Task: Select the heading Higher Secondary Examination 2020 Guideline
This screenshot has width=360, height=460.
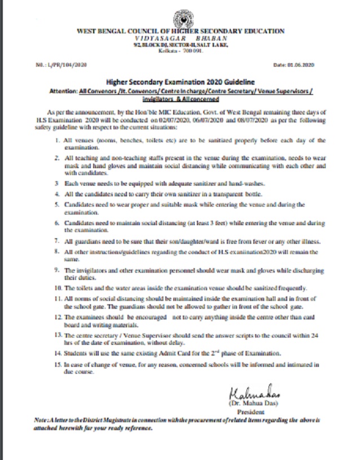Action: [x=180, y=82]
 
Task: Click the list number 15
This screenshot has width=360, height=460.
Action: [x=66, y=365]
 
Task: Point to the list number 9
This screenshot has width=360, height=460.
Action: [x=66, y=271]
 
